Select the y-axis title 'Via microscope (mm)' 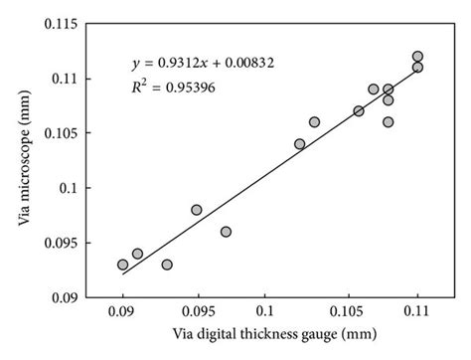(x=22, y=160)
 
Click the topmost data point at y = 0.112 (x=417, y=57)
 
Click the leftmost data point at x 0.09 (x=123, y=265)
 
